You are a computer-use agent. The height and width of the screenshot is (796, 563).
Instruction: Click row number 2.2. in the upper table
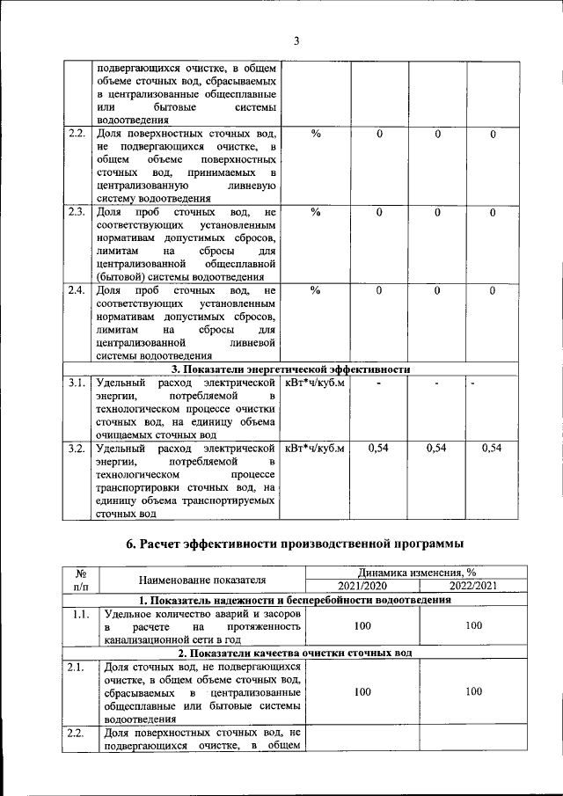[77, 134]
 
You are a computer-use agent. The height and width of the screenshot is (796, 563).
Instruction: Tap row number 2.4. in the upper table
[77, 290]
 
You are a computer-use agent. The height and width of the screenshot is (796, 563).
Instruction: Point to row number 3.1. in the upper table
[77, 383]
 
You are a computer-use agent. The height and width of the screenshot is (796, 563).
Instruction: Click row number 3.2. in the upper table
[77, 449]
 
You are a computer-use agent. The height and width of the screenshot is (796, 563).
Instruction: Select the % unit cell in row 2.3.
[315, 212]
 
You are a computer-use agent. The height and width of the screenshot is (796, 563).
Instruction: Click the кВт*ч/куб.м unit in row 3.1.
[315, 383]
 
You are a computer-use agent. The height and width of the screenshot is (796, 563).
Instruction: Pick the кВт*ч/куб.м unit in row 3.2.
[315, 449]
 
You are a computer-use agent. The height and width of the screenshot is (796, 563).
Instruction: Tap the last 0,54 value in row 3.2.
[493, 449]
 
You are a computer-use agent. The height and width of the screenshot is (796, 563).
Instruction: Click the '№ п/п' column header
[80, 579]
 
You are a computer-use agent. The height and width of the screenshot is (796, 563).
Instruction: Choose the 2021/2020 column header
[362, 586]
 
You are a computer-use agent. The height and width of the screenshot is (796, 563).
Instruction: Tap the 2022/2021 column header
[474, 586]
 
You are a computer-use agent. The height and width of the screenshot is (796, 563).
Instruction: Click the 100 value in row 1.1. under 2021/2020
[362, 625]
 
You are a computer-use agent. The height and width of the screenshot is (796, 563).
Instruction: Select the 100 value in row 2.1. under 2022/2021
[474, 692]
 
